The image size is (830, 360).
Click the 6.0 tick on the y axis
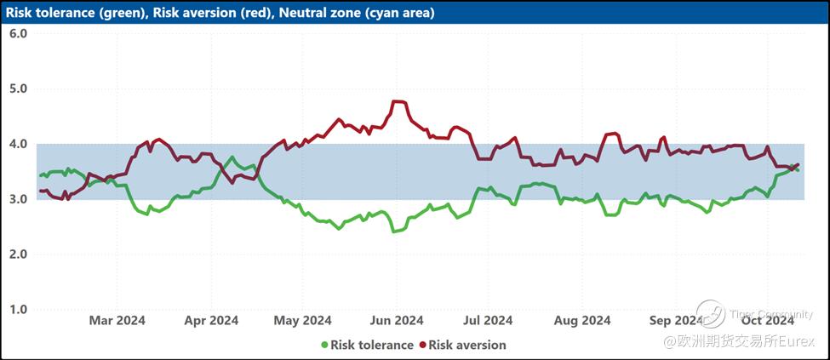[18, 33]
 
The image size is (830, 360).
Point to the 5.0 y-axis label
[18, 89]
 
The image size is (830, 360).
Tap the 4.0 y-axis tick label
[18, 144]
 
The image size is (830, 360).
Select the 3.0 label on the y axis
[18, 199]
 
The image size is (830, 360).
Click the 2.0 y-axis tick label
[18, 254]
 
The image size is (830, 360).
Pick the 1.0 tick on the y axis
[18, 310]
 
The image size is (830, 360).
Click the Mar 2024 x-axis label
[117, 321]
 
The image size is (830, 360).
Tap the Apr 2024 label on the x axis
[211, 321]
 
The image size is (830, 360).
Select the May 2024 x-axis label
[304, 321]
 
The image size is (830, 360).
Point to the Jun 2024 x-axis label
[397, 321]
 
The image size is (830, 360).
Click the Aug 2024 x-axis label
[582, 321]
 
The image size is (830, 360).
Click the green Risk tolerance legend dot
[324, 346]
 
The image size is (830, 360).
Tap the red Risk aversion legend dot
[422, 346]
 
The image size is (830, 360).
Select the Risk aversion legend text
[467, 346]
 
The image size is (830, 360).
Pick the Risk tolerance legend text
[372, 346]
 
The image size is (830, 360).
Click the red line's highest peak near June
[397, 101]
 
